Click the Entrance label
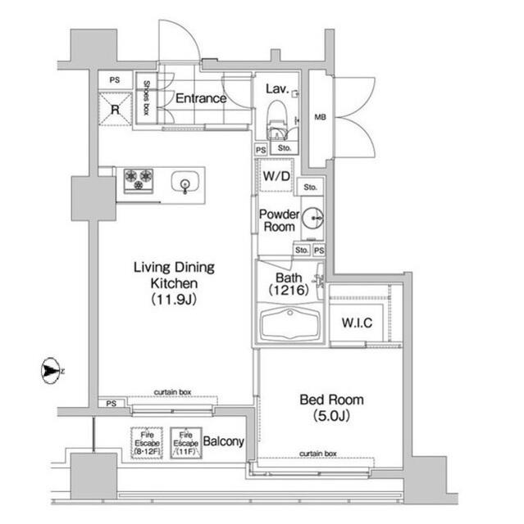coord(200,98)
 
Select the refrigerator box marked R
coord(114,109)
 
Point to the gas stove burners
coord(138,179)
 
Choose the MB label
coord(319,116)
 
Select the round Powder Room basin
coord(312,219)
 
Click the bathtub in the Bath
coord(290,323)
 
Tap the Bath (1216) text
coord(284,283)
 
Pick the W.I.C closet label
coord(357,323)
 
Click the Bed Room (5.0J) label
coord(330,407)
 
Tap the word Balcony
coord(224,442)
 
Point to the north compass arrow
coord(52,373)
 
